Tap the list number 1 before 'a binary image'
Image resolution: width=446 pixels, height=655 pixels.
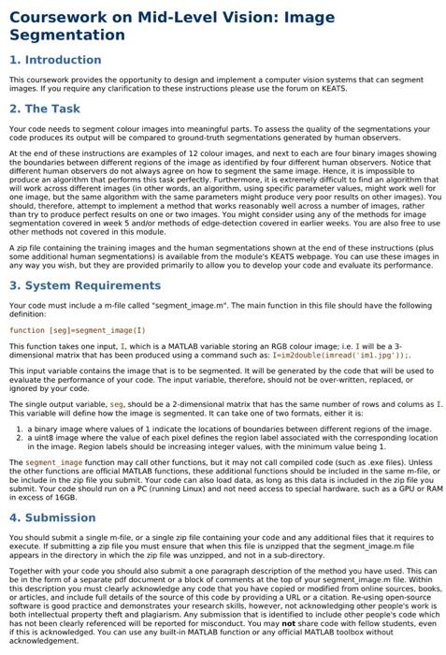20,429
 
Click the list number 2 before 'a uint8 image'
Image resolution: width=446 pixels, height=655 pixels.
20,437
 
